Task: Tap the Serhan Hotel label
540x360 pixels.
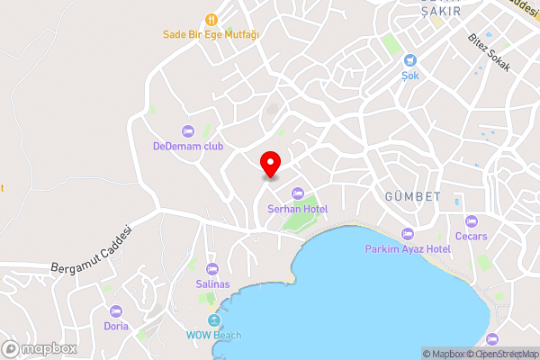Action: coord(298,209)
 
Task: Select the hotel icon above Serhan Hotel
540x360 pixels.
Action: coord(298,192)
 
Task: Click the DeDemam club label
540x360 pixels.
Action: coord(187,146)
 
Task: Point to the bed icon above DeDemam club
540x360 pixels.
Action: coord(187,130)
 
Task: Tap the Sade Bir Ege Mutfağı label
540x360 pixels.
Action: coord(211,35)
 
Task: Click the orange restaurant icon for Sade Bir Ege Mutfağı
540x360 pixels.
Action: coord(211,19)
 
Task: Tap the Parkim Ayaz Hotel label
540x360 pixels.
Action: coord(408,248)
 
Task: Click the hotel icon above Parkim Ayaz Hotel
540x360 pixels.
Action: coord(408,232)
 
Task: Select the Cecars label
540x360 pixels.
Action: coord(472,237)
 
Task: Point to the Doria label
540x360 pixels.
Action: coord(116,326)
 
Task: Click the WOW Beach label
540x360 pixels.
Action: coord(214,337)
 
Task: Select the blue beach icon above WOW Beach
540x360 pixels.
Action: coord(214,320)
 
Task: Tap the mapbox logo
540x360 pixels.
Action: coord(40,348)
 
